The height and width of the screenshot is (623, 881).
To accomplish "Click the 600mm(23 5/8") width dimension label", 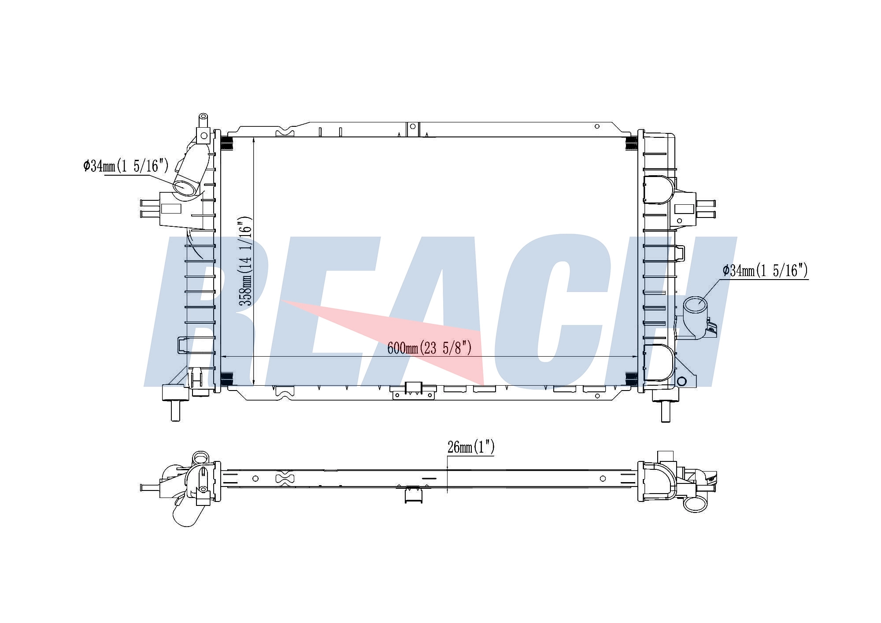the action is (429, 348).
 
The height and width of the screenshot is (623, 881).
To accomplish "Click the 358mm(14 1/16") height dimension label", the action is (245, 261).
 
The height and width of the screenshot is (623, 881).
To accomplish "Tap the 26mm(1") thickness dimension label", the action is (471, 447).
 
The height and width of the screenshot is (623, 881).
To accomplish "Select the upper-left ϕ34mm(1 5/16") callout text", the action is (126, 166).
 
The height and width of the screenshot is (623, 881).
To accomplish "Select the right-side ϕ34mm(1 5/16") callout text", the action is (765, 270).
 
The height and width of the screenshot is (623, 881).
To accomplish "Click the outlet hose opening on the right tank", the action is (695, 305).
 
